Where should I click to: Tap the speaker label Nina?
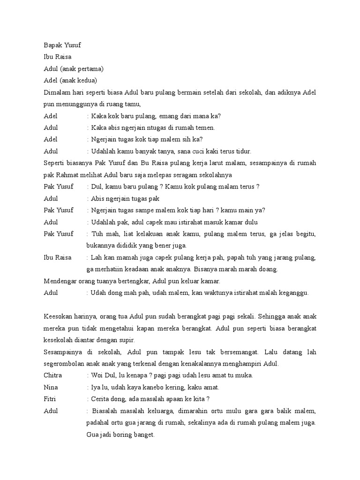[x=51, y=387]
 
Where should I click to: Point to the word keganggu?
[x=295, y=292]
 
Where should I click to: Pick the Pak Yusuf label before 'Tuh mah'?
[x=59, y=233]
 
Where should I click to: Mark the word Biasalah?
[x=107, y=411]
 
